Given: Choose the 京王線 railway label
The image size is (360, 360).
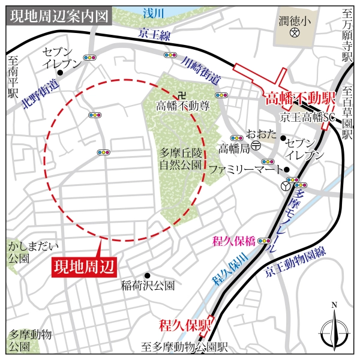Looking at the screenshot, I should coord(154,35).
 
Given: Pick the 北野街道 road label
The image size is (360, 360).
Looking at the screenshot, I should coord(40,96).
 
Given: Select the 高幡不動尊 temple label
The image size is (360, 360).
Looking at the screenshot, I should coord(183,106).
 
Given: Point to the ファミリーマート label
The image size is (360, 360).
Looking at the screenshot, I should coord(236,169).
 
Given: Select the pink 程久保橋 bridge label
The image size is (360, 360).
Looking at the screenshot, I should coord(234,242).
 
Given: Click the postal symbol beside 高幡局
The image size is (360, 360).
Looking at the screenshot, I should coord(256,146).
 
